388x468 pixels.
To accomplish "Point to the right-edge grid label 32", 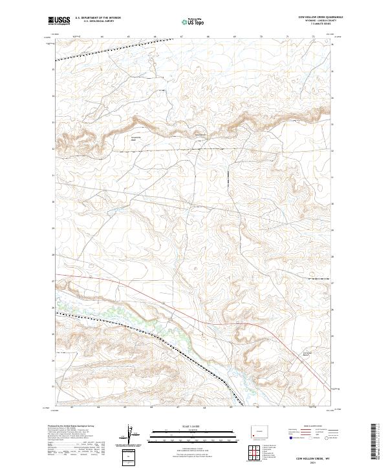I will click(332, 150).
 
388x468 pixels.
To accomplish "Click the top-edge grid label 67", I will click(182, 36).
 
